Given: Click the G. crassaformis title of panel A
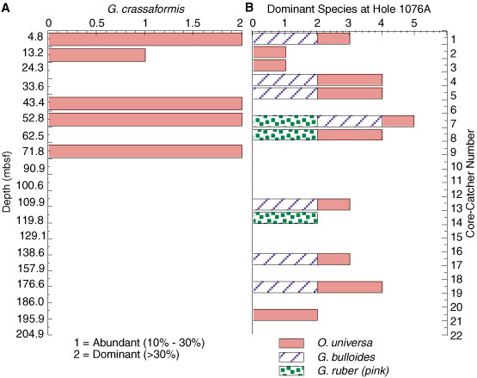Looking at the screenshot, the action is tap(146, 9).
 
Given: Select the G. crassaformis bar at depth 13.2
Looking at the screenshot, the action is tap(97, 55).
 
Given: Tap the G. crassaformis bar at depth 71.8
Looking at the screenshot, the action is tap(145, 152).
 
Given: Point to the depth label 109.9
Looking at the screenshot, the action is tap(32, 202).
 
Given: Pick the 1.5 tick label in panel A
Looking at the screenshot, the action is tap(193, 23).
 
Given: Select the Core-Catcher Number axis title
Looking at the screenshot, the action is tap(470, 183).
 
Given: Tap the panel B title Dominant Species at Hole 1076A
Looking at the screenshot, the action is tap(349, 9).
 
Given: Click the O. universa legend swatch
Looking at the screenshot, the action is tap(291, 344).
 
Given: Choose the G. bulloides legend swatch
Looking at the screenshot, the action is tap(291, 357).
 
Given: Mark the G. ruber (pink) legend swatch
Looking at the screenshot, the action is tap(291, 371).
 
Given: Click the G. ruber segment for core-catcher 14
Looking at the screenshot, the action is tap(285, 218).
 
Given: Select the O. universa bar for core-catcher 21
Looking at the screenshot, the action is tap(285, 315).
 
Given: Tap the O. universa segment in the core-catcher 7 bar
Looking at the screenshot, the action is tap(398, 121).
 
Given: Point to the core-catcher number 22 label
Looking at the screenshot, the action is tap(456, 336).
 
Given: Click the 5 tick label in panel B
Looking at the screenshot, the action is tap(413, 23).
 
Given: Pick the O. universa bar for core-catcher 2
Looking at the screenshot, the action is tap(269, 52).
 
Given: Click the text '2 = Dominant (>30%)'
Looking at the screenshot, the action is tap(126, 355).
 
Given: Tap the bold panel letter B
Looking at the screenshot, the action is tap(249, 8).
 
